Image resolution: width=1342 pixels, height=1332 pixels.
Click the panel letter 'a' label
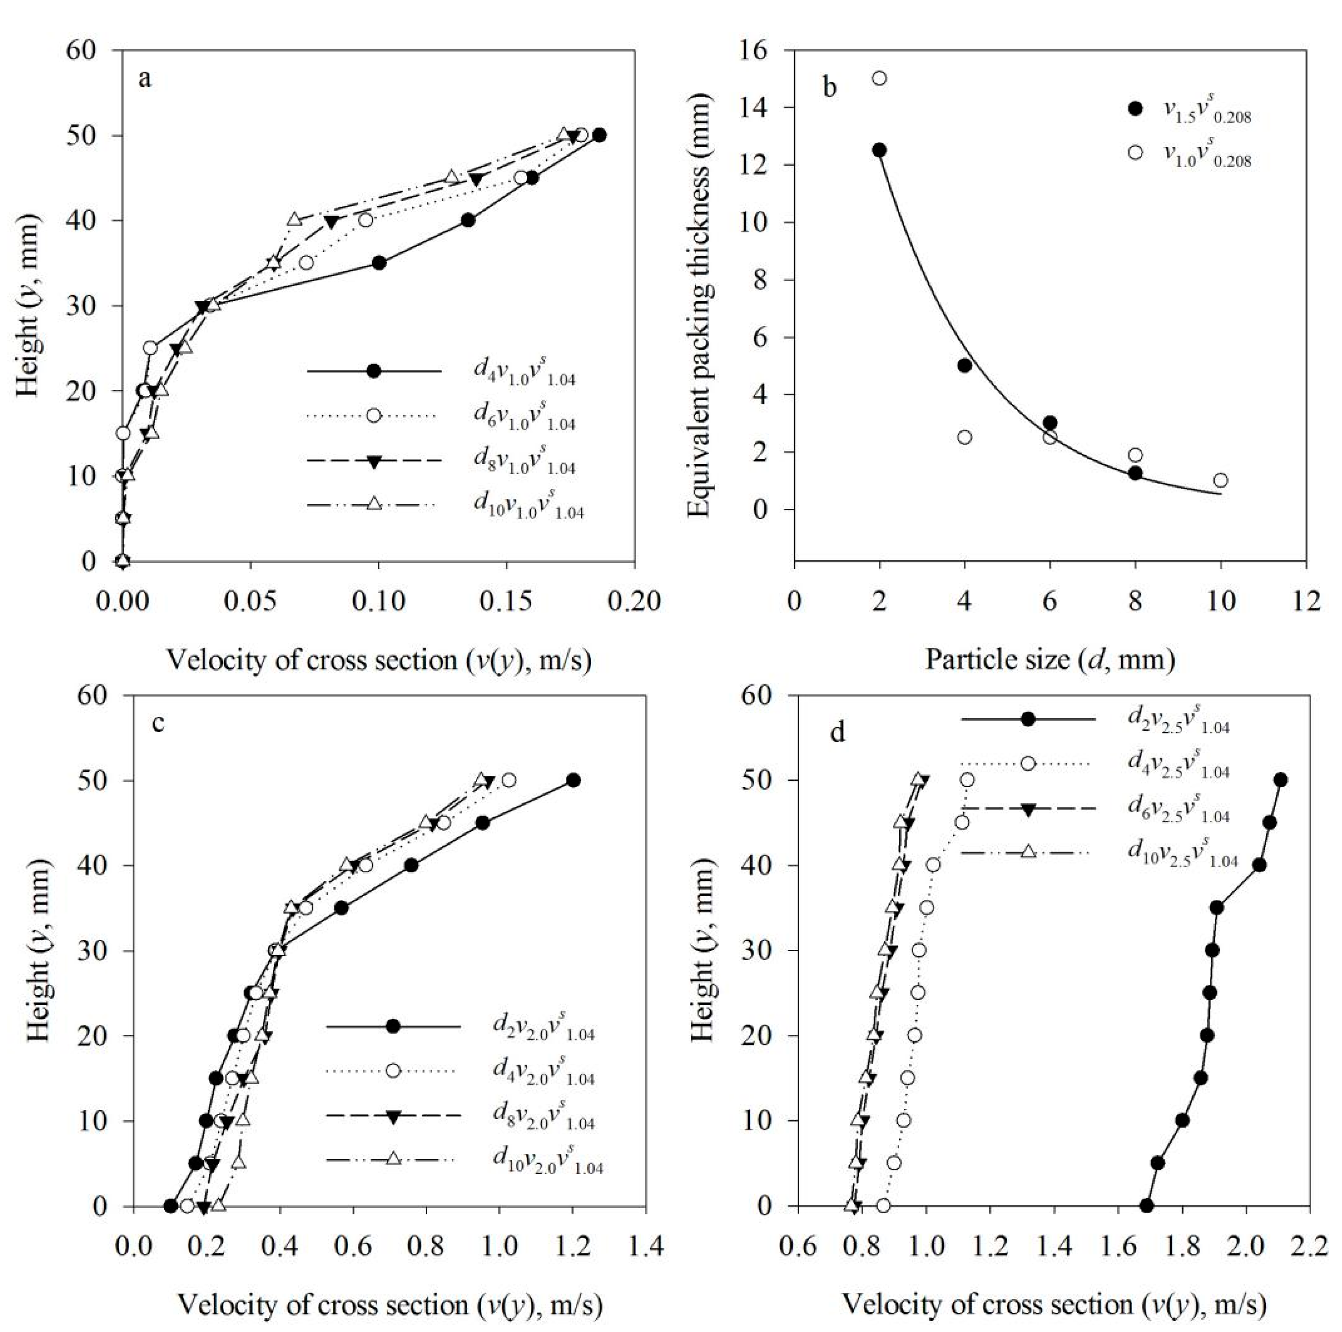click(145, 79)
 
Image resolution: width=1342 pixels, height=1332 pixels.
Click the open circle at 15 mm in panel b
click(880, 78)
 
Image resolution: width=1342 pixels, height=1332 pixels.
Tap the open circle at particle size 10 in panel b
click(1220, 480)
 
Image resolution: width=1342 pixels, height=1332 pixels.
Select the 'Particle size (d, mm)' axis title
click(1049, 658)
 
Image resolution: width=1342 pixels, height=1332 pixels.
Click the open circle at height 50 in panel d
click(967, 780)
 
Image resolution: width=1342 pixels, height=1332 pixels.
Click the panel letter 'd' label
click(838, 734)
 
